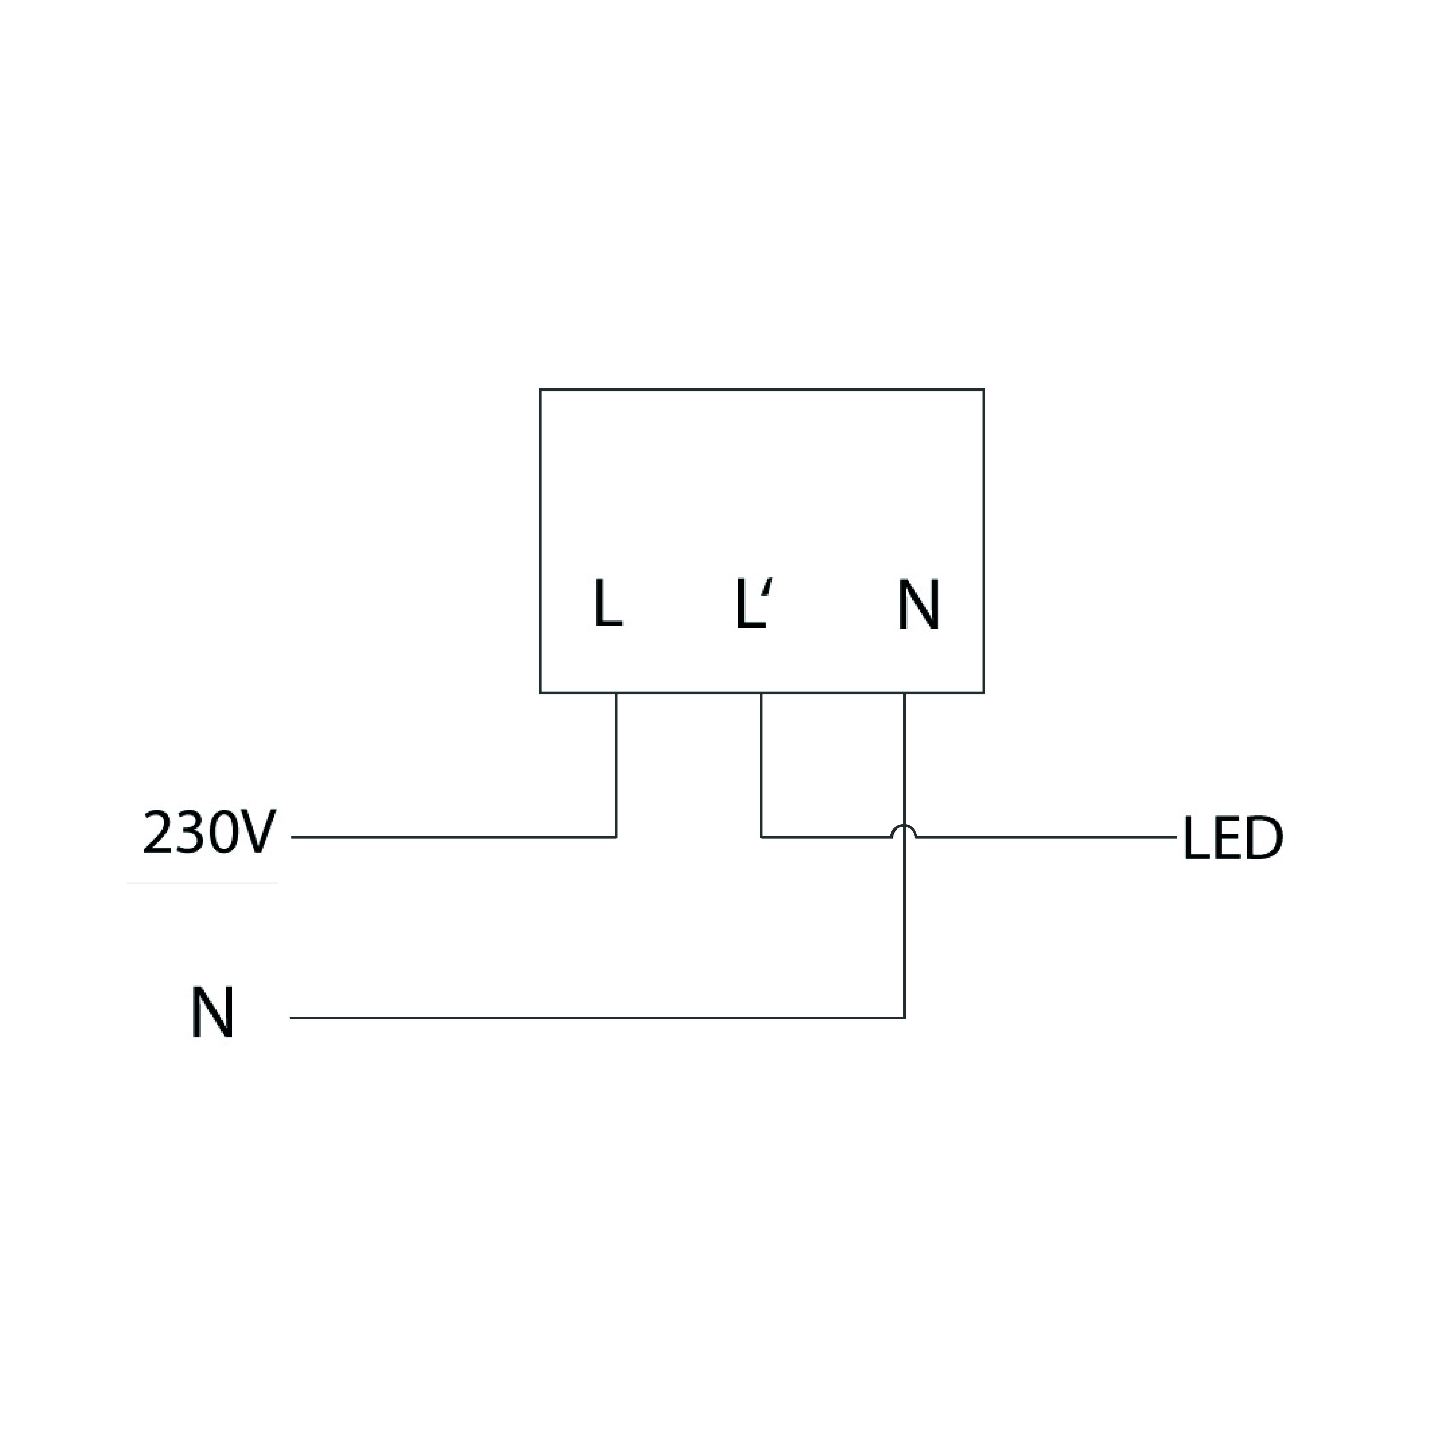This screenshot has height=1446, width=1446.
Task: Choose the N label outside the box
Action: coord(213,1012)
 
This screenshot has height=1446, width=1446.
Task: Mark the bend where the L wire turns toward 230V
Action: coord(616,837)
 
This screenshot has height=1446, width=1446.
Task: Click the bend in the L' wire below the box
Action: coord(761,837)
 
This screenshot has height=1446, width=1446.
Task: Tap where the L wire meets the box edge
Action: coord(616,693)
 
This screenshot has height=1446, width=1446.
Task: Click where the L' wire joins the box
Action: coord(761,693)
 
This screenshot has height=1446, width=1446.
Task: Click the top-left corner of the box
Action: coord(540,390)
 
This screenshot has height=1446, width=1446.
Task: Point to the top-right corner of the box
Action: coord(983,390)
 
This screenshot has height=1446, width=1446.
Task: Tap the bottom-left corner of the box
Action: coord(540,693)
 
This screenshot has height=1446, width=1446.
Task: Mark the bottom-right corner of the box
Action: coord(983,693)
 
